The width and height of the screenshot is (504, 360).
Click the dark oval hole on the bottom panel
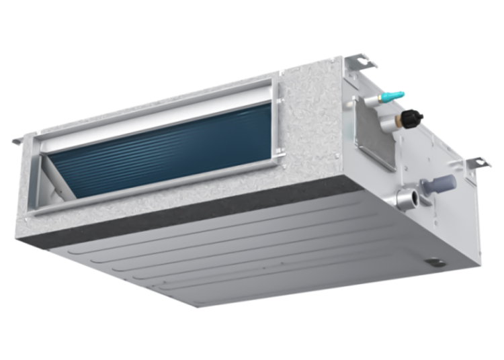click(434, 260)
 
